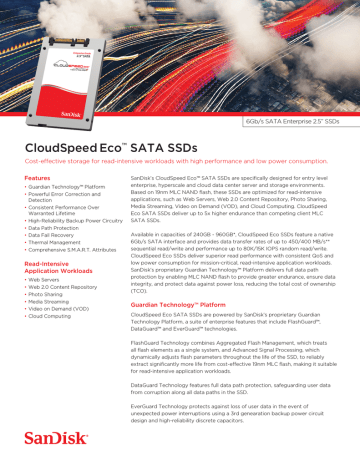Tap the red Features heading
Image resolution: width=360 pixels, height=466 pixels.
coord(37,178)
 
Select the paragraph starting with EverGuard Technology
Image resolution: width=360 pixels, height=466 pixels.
coord(240,433)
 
